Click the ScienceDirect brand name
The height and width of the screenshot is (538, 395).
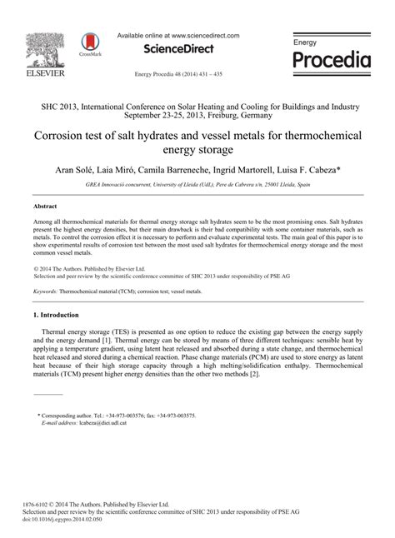coord(177,49)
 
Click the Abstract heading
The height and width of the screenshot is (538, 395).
coord(45,204)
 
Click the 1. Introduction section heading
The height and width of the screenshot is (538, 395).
coord(56,292)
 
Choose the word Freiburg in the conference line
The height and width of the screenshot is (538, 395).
coord(242,116)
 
